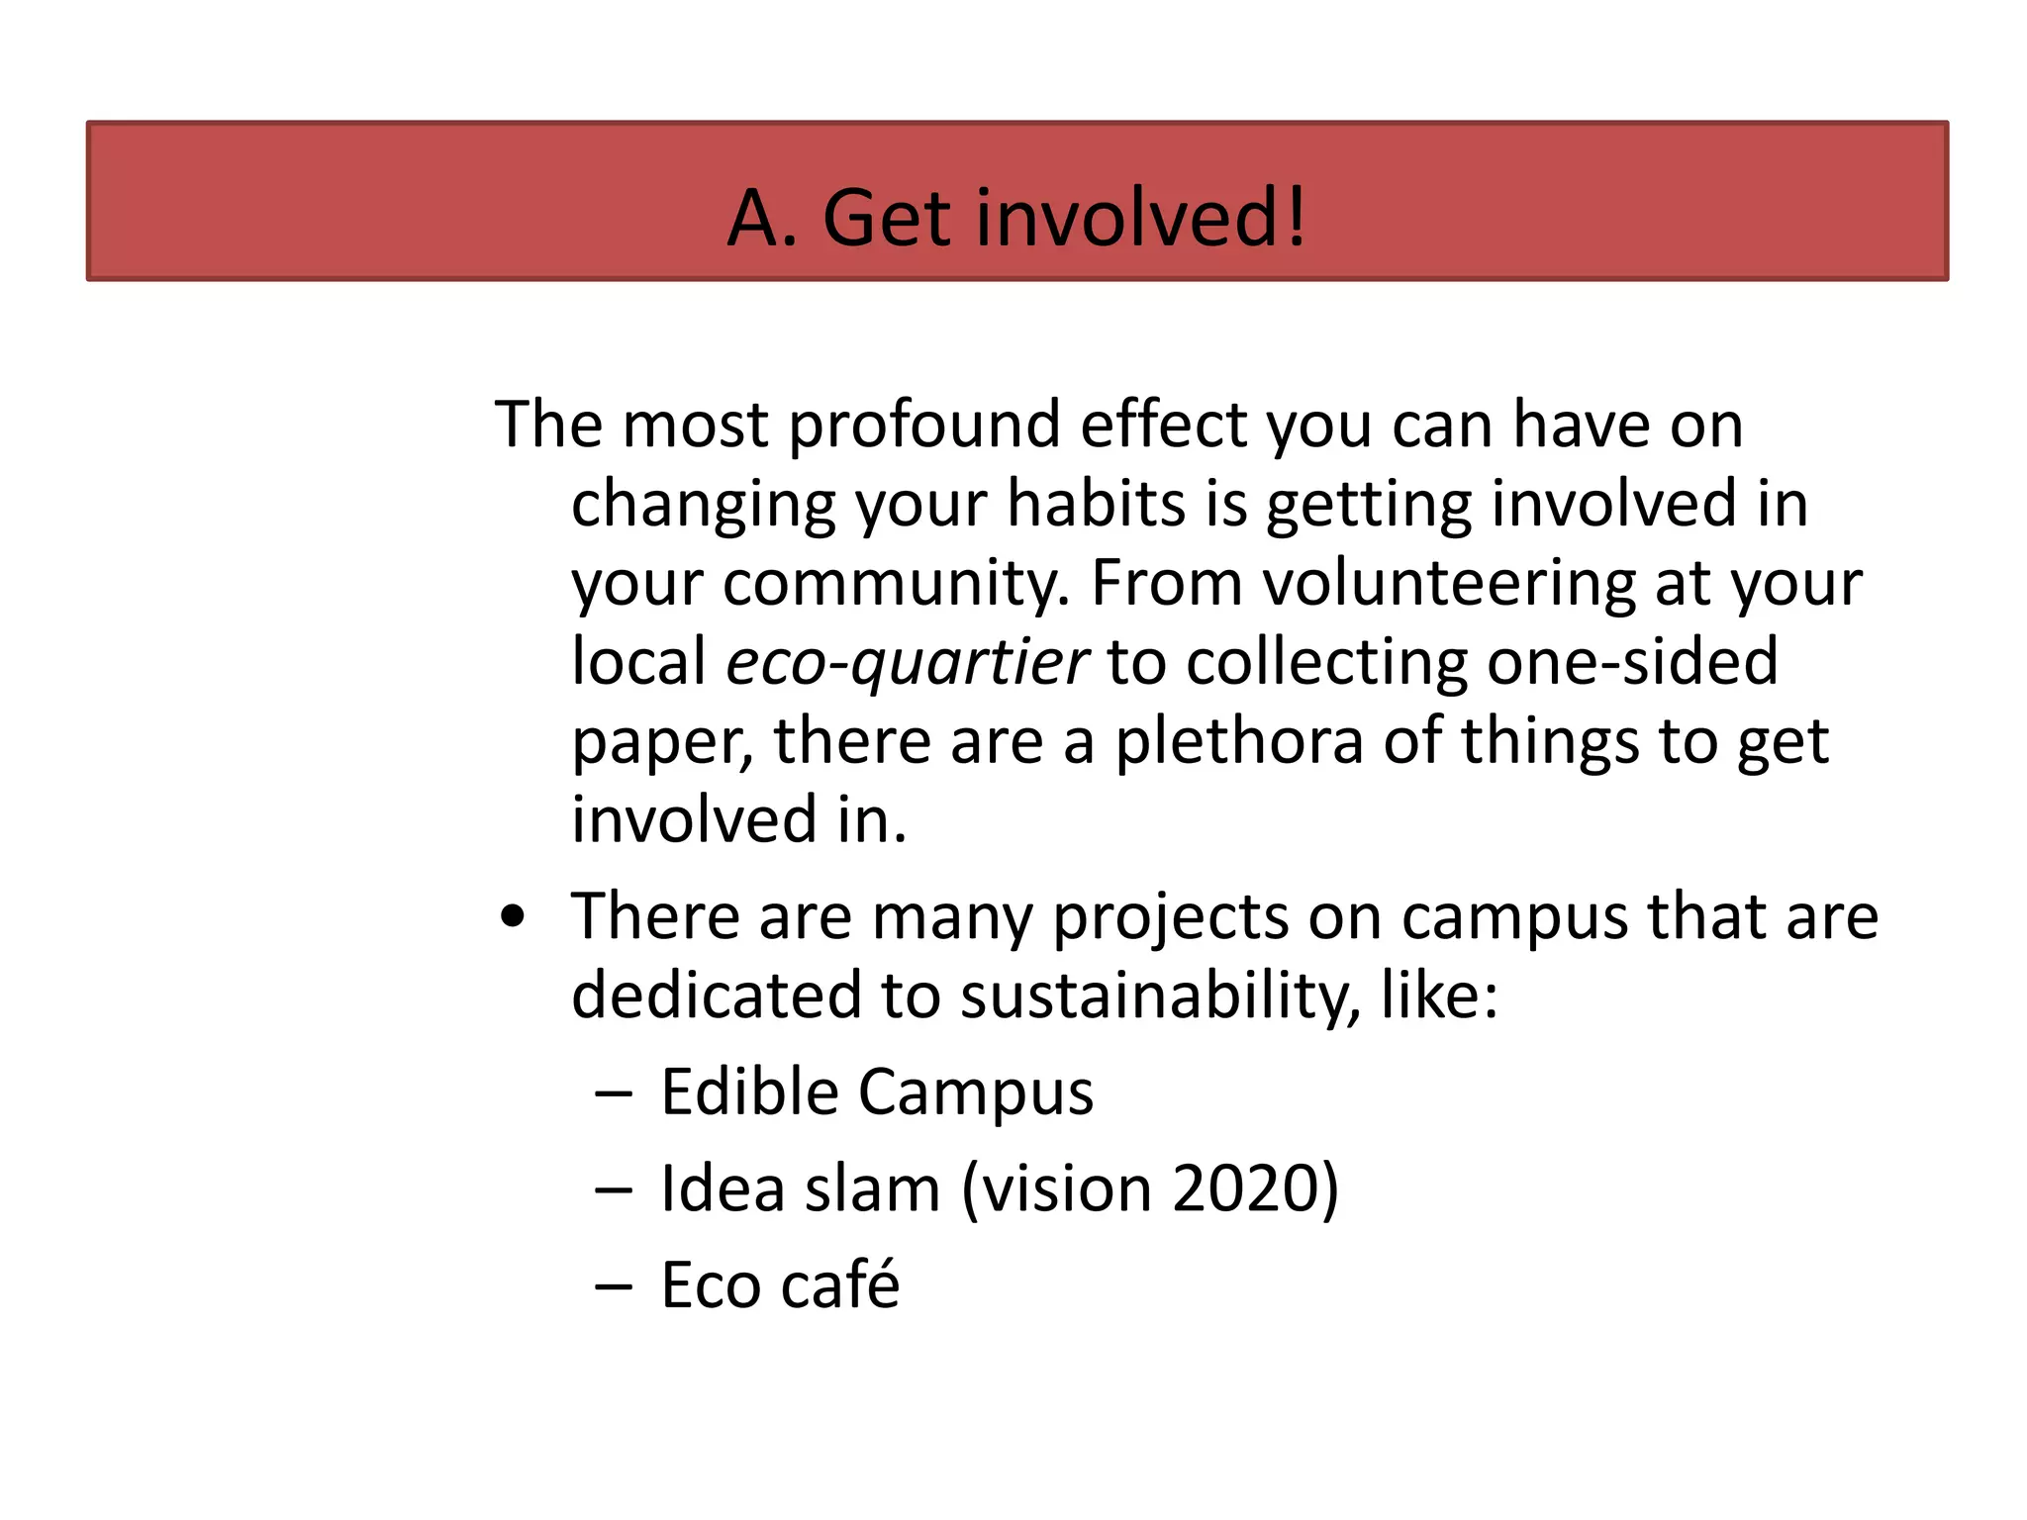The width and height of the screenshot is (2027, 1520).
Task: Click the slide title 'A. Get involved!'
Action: tap(1016, 218)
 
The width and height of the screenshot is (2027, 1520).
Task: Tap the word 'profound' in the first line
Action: tap(924, 426)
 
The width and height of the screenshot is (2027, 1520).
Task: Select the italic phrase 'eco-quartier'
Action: tap(907, 663)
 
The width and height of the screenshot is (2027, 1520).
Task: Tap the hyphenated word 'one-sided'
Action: tap(1632, 663)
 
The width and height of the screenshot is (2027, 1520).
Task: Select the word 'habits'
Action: tap(1097, 505)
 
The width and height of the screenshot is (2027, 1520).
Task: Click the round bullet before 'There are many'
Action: tap(513, 916)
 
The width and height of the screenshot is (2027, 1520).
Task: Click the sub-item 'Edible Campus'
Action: tap(877, 1092)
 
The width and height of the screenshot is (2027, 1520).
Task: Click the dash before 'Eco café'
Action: tap(614, 1286)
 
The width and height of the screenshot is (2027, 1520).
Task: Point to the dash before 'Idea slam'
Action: tap(614, 1189)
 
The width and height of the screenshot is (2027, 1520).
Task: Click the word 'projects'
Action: tap(1170, 916)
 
